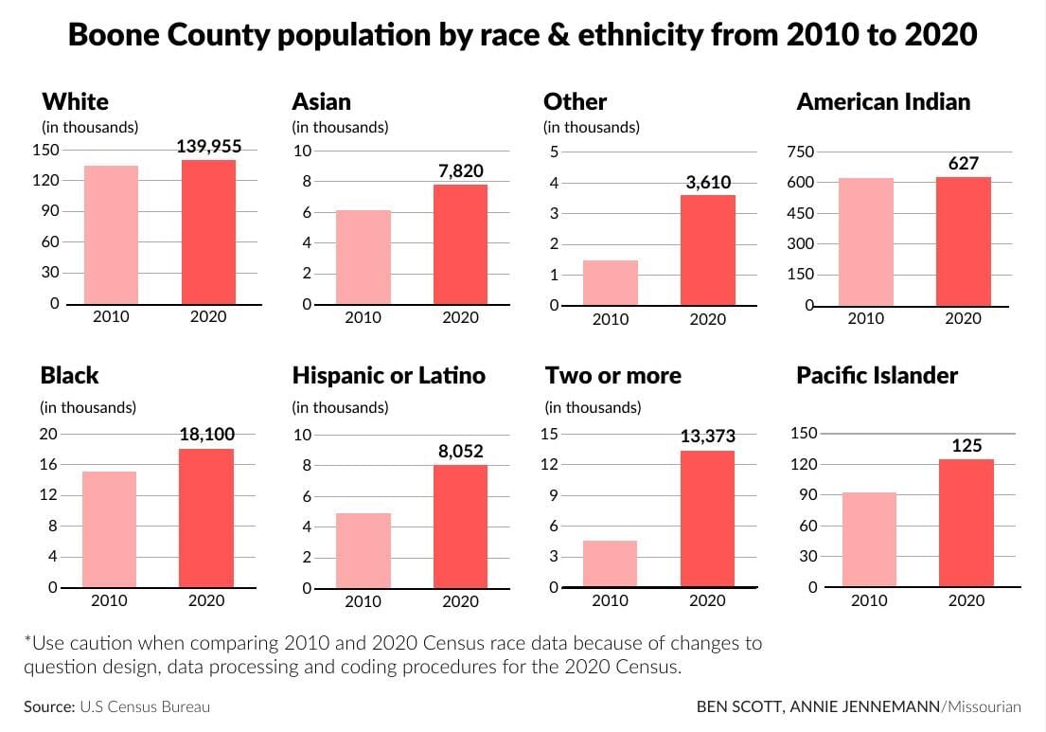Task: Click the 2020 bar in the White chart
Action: point(208,232)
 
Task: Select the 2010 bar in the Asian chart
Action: point(363,257)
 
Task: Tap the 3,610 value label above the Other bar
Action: point(708,183)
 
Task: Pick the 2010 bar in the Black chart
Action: point(109,529)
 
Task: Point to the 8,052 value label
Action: point(460,452)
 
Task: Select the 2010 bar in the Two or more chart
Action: point(611,563)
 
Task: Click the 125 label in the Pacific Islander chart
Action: point(966,445)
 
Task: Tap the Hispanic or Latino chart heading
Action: point(388,376)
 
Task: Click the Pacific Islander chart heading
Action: point(877,376)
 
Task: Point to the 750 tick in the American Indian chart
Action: point(802,152)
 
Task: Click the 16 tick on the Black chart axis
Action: point(48,464)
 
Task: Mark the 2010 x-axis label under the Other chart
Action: point(611,319)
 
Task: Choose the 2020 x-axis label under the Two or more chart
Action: point(707,600)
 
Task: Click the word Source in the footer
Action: point(48,706)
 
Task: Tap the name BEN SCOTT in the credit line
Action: point(736,706)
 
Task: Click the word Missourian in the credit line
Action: point(984,706)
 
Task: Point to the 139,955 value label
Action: point(209,146)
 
